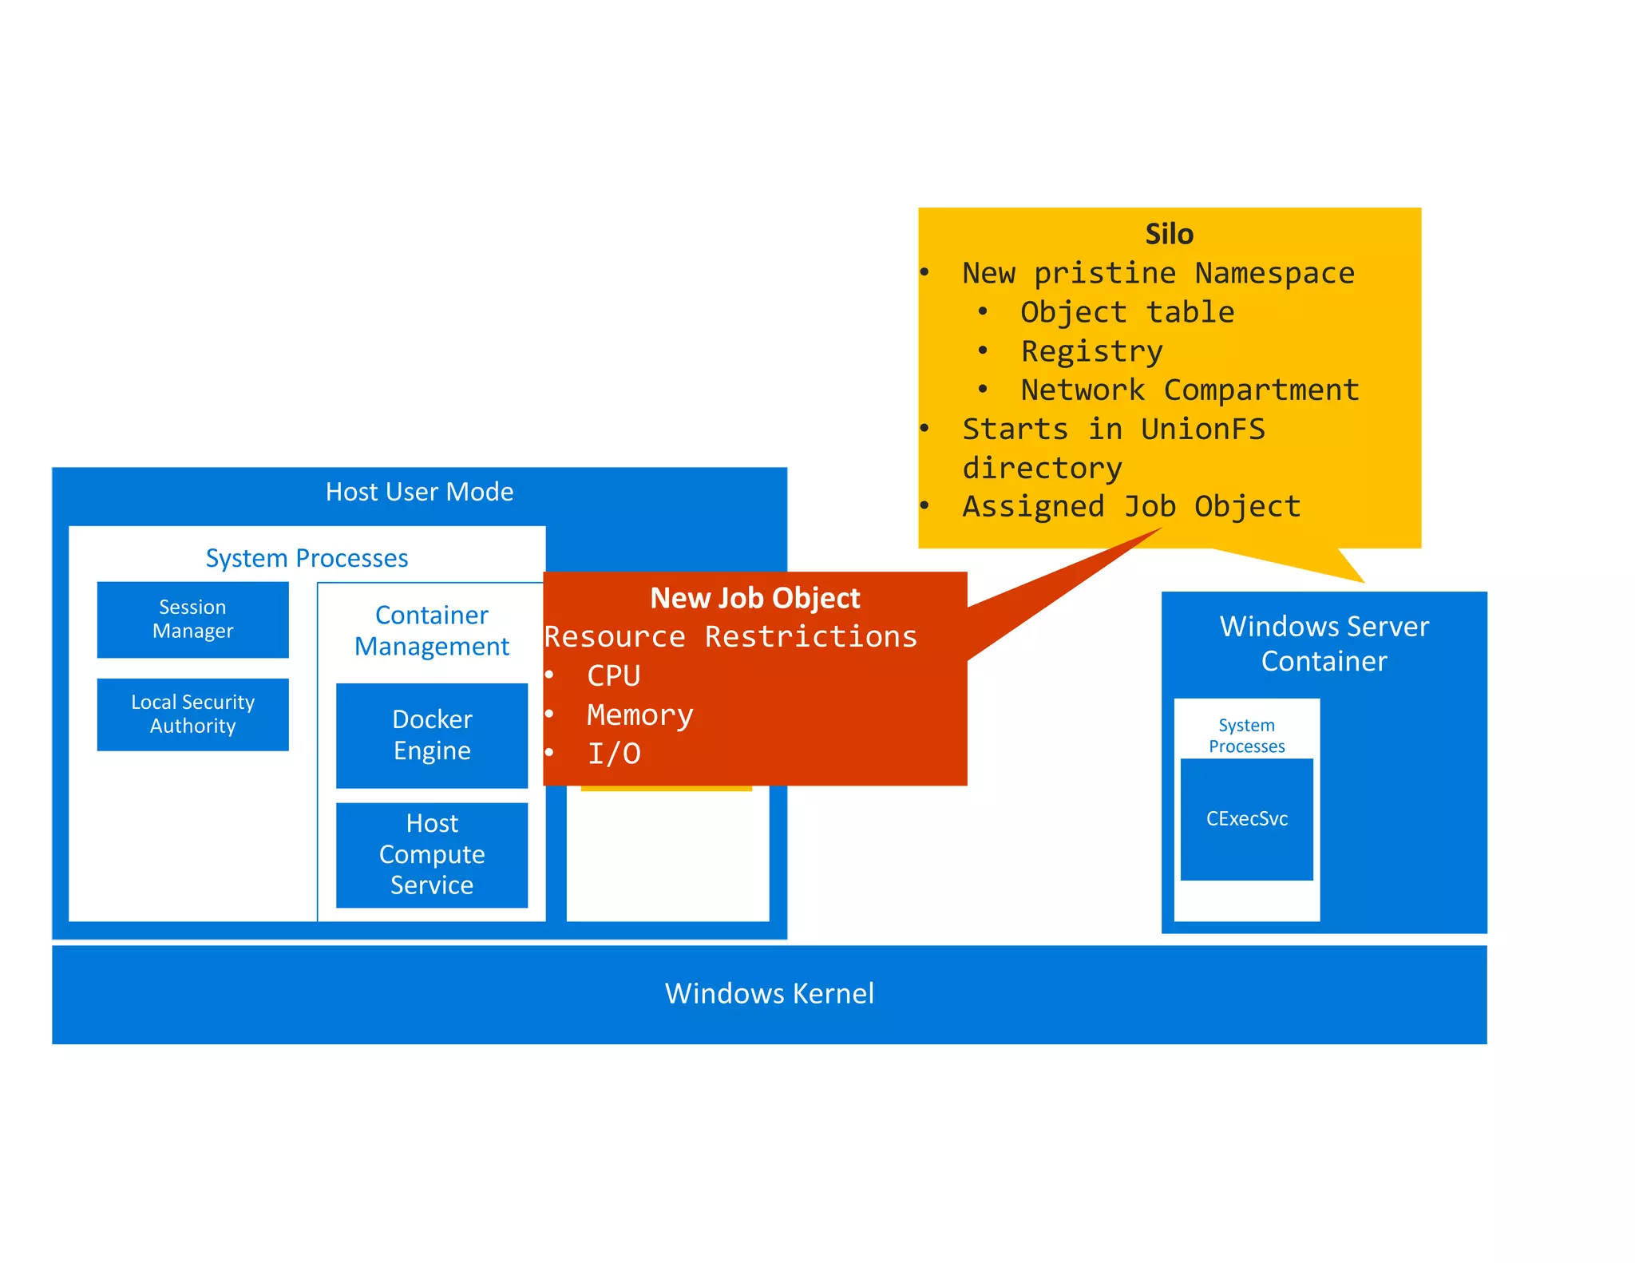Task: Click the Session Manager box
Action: pos(192,620)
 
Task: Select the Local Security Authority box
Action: pos(192,714)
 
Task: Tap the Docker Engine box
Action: pos(432,735)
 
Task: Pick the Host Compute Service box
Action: pos(432,854)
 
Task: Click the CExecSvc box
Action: pos(1246,819)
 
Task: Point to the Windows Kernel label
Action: pos(769,993)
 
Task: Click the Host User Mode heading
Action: pos(419,492)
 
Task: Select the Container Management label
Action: pos(432,631)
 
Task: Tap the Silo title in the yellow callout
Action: pos(1169,234)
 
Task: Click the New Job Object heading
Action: pos(754,598)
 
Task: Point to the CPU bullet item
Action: pos(613,676)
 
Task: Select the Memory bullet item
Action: pos(639,715)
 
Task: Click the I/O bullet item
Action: pos(614,754)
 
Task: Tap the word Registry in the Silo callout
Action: pos(1091,351)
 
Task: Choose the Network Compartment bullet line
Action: pos(1190,390)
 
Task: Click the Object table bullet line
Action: pos(1126,312)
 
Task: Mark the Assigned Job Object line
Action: pos(1131,507)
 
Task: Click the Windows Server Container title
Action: pos(1324,643)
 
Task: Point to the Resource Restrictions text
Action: pos(730,637)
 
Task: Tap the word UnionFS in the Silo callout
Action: pos(1202,430)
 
